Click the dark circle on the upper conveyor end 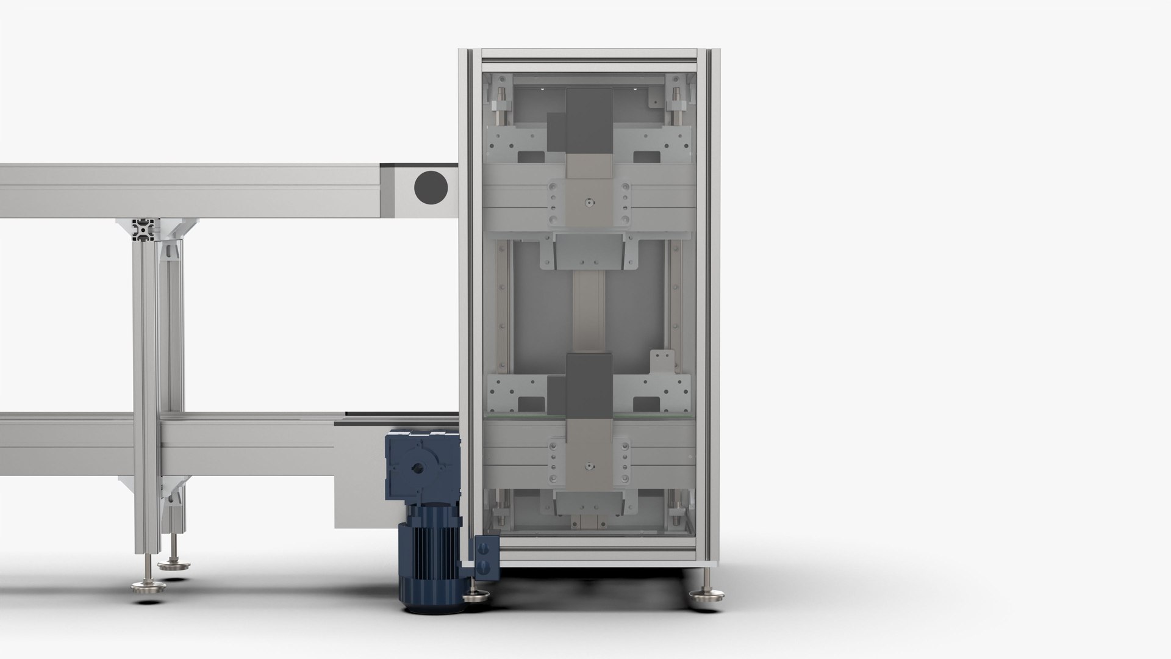[431, 187]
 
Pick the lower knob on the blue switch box [485, 567]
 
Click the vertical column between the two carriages [589, 311]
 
